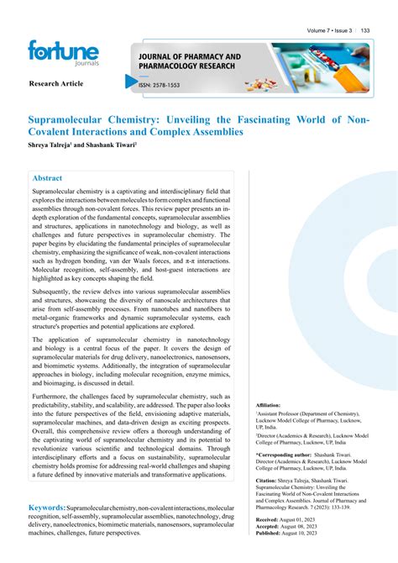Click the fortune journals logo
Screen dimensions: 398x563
pyautogui.click(x=63, y=55)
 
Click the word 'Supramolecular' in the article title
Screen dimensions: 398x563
pyautogui.click(x=75, y=120)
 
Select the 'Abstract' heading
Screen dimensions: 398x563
pyautogui.click(x=47, y=178)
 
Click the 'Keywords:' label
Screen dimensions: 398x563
pyautogui.click(x=47, y=508)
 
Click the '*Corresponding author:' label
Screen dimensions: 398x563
pyautogui.click(x=283, y=454)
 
